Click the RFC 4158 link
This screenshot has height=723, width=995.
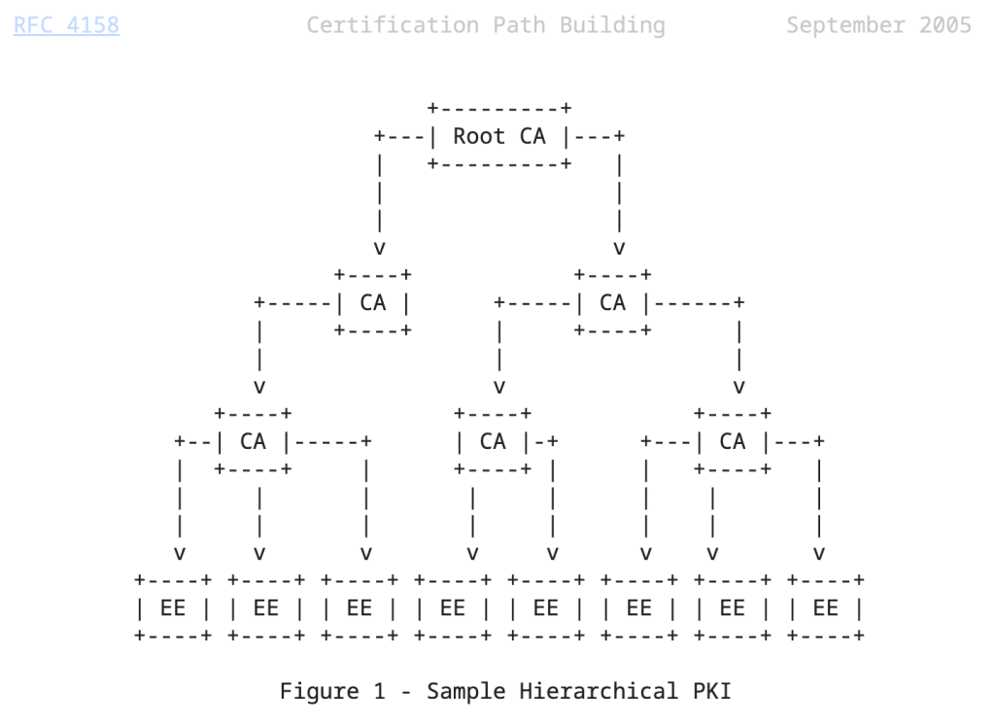pos(66,25)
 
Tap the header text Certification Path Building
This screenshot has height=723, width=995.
pos(486,25)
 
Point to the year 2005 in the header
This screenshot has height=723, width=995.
pos(944,25)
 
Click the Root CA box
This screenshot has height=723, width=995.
pos(499,136)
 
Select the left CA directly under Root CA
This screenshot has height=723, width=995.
pos(372,303)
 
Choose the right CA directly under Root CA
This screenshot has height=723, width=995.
pos(612,303)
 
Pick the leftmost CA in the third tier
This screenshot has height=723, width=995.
pos(253,442)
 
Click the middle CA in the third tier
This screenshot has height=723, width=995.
pos(493,442)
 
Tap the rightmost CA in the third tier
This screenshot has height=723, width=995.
pos(733,442)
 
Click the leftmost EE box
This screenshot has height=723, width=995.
pos(173,608)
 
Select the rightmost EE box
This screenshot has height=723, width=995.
pos(825,608)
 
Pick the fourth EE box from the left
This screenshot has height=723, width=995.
pos(453,608)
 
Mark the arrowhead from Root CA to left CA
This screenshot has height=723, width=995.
pos(379,248)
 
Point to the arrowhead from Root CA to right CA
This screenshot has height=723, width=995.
pos(619,248)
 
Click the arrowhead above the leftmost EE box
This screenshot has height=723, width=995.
pos(180,554)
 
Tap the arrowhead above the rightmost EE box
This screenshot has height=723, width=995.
pos(819,554)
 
